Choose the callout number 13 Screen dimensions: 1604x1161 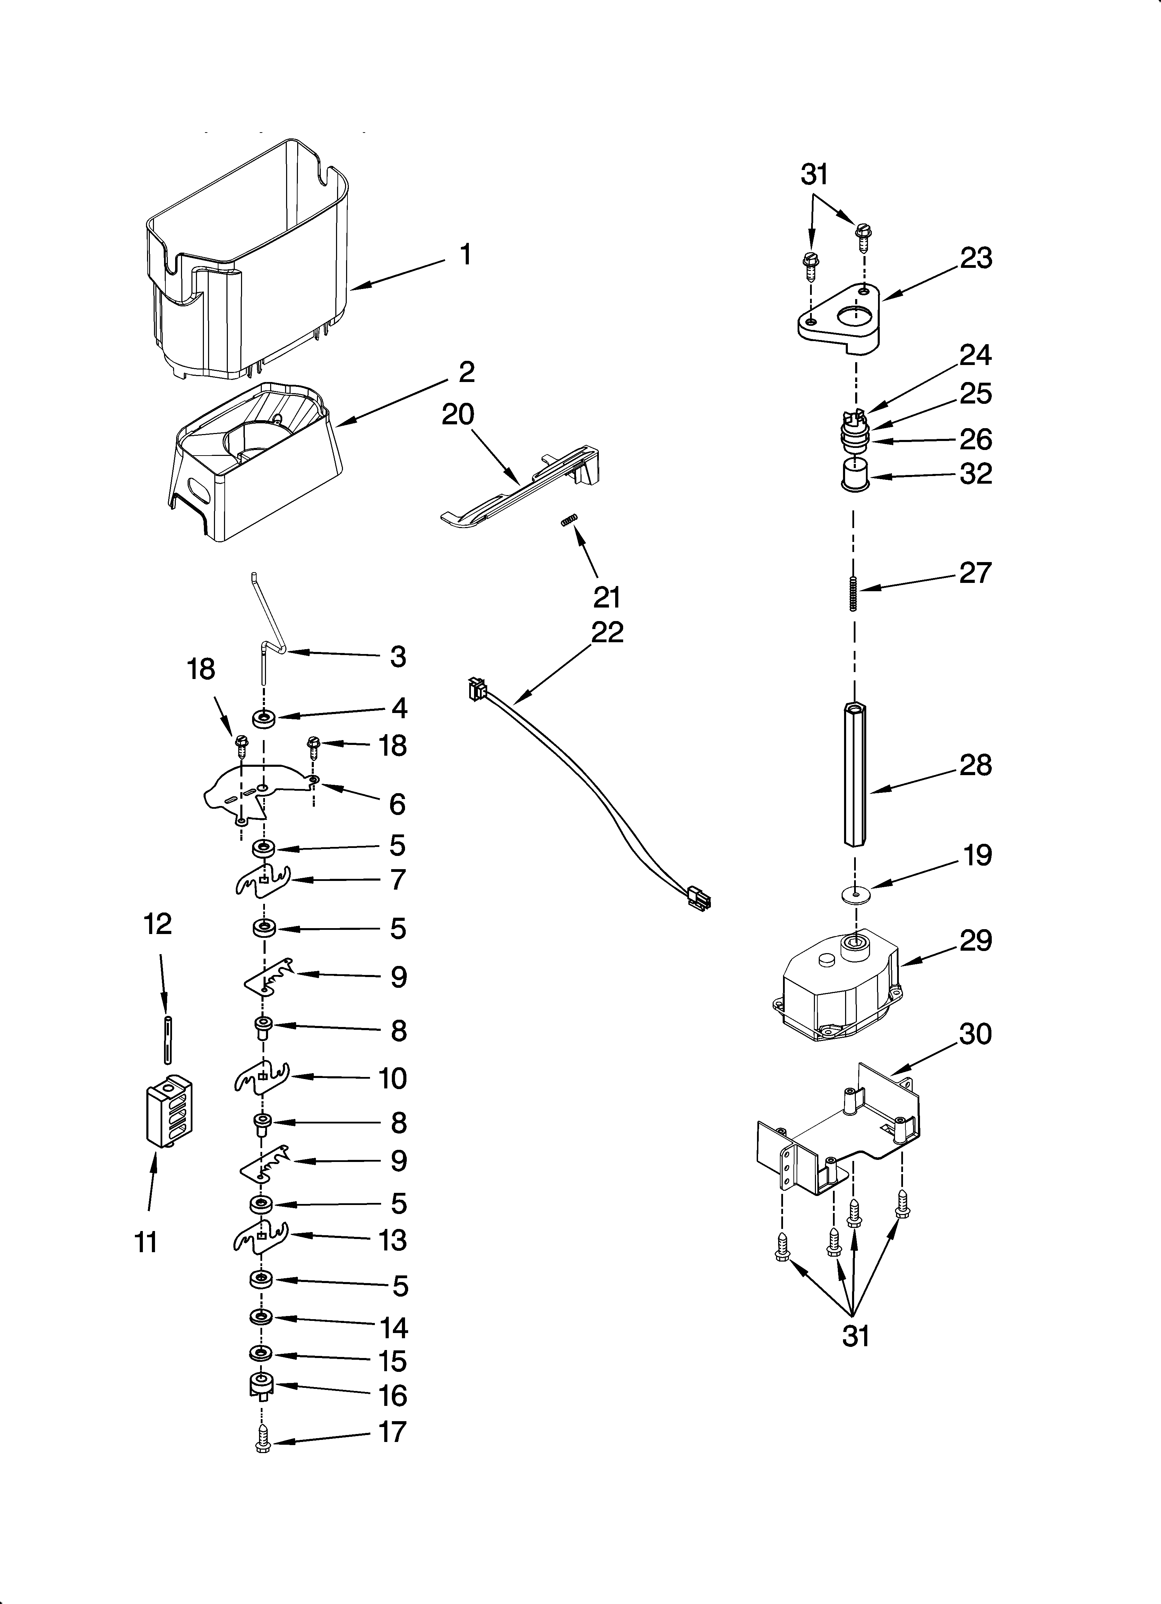tap(393, 1240)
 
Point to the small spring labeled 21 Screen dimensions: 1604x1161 tap(570, 522)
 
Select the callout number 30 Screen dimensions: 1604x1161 tap(976, 1034)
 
